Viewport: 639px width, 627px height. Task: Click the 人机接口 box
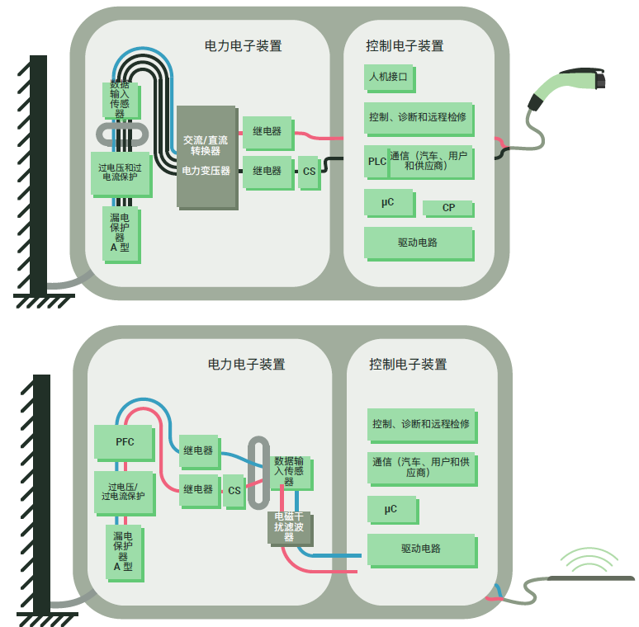[389, 78]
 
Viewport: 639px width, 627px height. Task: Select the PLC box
[376, 162]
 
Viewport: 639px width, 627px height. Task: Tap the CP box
[448, 207]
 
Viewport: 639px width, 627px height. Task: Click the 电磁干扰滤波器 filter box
[289, 527]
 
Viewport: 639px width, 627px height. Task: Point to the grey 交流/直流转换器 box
[206, 157]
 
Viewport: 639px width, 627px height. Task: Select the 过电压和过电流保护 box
[121, 172]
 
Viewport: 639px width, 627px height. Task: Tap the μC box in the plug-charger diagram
[387, 201]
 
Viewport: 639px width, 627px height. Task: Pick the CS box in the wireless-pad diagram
[234, 491]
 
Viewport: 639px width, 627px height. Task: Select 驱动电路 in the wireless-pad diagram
[421, 549]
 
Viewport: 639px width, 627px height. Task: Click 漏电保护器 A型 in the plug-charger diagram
[121, 234]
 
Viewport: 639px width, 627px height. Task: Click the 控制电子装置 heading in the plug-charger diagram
[405, 46]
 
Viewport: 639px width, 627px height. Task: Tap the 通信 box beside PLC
[430, 161]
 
